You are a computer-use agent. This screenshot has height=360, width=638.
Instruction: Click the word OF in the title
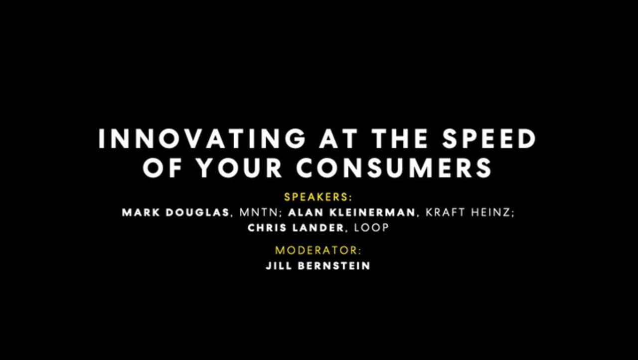160,168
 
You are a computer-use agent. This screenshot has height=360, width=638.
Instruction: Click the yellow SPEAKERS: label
318,196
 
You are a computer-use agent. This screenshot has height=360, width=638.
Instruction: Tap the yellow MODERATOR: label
318,250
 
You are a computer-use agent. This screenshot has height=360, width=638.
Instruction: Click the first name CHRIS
266,228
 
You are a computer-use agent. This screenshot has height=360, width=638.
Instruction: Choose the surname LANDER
319,228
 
